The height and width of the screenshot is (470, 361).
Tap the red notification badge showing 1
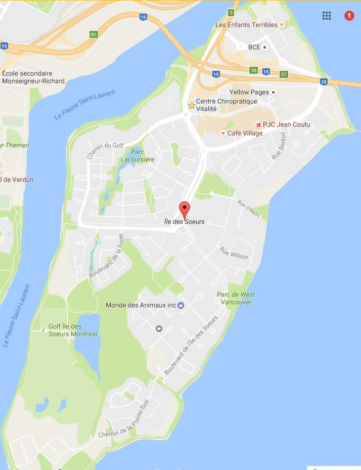[x=349, y=16]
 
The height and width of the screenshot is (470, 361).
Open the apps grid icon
[x=327, y=16]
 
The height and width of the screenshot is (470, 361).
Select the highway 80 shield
[x=93, y=34]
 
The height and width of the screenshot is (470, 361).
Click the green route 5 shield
[x=231, y=12]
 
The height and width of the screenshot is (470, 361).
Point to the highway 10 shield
[x=323, y=81]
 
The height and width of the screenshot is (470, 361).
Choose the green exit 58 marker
[x=253, y=70]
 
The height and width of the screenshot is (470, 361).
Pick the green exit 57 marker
[x=284, y=74]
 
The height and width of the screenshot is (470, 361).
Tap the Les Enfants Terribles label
[x=246, y=25]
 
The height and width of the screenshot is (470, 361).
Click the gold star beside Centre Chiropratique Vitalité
[x=192, y=106]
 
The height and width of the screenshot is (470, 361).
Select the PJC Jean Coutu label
[x=287, y=124]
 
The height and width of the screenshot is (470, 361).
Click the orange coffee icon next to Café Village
[x=222, y=133]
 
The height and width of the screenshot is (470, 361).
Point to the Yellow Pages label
[x=250, y=92]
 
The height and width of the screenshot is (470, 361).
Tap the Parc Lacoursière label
[x=137, y=155]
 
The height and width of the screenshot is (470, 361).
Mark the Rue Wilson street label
[x=234, y=253]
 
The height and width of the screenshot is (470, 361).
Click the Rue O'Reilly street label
[x=249, y=209]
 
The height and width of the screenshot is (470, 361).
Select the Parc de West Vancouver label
[x=236, y=298]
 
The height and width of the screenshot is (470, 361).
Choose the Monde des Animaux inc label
[x=141, y=305]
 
